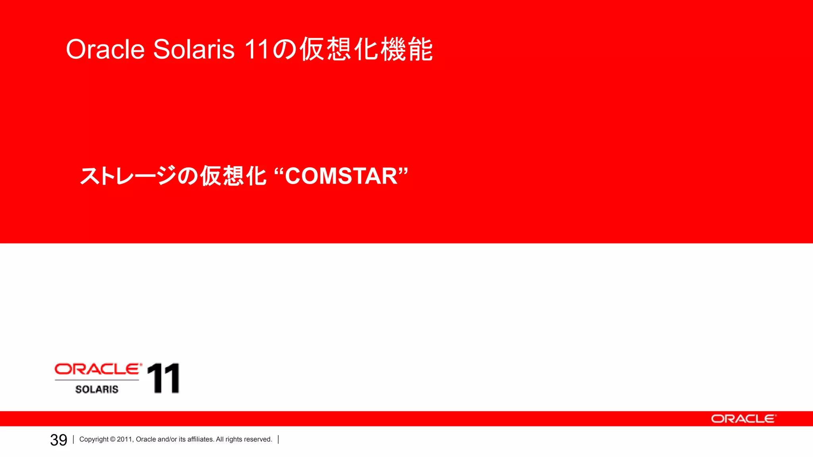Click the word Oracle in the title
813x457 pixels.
(x=105, y=50)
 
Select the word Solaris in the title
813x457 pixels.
(x=194, y=50)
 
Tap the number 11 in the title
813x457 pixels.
(x=257, y=50)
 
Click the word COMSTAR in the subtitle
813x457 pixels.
(x=341, y=176)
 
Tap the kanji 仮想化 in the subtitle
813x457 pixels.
(x=233, y=176)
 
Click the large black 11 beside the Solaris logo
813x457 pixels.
(x=163, y=378)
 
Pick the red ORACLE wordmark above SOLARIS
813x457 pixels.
(x=98, y=369)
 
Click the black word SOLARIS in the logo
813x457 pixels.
(x=97, y=390)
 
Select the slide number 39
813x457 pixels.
(x=59, y=440)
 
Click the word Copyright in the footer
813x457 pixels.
(x=94, y=440)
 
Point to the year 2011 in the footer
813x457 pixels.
(x=125, y=440)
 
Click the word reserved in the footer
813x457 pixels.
(x=258, y=440)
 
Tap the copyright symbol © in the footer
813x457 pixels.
(x=113, y=440)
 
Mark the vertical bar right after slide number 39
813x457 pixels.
(x=73, y=440)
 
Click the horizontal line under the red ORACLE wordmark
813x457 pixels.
(x=97, y=380)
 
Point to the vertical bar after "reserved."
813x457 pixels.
(x=278, y=440)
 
